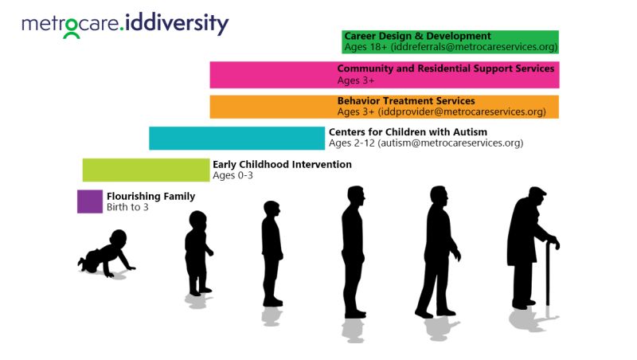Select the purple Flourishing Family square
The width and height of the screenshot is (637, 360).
click(x=90, y=202)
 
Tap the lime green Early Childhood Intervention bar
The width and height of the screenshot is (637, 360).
click(x=146, y=170)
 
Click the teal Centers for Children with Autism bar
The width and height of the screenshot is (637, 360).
click(x=236, y=138)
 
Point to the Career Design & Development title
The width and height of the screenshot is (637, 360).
click(x=417, y=36)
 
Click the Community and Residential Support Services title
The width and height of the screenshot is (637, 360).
click(x=445, y=68)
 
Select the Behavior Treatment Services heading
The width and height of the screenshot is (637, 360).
click(x=405, y=101)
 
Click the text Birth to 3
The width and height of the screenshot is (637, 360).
click(x=127, y=207)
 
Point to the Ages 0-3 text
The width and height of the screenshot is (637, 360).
click(x=233, y=175)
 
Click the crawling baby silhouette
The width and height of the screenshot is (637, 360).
click(x=107, y=253)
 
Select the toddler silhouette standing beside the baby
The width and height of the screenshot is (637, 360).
click(x=197, y=253)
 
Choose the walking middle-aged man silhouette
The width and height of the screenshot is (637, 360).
click(x=438, y=251)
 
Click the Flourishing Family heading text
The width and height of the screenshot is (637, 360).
click(x=150, y=196)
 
